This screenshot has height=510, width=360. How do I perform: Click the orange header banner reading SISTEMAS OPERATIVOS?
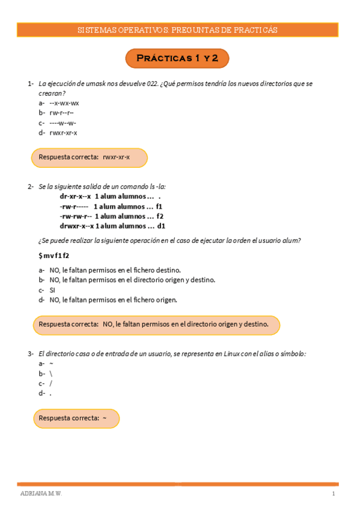(x=177, y=30)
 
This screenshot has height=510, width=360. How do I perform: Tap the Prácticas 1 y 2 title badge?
(x=177, y=58)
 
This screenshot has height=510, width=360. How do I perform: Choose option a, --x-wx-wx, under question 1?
(x=64, y=103)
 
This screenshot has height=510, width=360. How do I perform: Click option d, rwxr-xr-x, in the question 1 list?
(x=63, y=132)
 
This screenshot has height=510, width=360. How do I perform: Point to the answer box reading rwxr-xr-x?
(x=89, y=158)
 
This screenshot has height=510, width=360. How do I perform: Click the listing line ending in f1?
(x=111, y=206)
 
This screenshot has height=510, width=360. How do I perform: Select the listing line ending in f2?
(x=112, y=216)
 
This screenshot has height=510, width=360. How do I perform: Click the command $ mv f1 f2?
(x=53, y=256)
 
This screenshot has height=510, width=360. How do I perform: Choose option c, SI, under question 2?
(x=52, y=289)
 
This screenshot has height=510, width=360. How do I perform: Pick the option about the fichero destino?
(x=115, y=270)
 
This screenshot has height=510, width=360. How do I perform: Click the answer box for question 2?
(x=156, y=325)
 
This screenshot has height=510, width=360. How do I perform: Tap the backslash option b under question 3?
(x=51, y=373)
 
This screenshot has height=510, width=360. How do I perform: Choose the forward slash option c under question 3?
(x=51, y=383)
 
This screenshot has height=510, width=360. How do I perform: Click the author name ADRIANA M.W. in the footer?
(x=41, y=494)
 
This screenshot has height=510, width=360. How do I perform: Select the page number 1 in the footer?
(x=333, y=494)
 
